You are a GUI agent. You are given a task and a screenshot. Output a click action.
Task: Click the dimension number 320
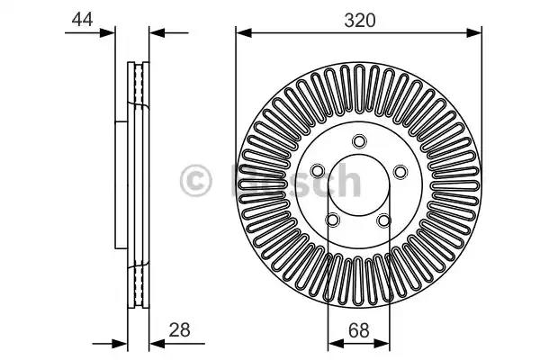click(x=358, y=17)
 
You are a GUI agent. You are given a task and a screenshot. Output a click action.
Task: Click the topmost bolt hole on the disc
click(x=359, y=140)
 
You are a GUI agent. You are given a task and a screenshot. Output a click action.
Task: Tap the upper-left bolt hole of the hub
click(x=319, y=170)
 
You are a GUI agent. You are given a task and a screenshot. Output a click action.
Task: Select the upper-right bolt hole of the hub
click(x=399, y=170)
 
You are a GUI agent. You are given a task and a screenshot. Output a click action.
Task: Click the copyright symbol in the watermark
click(x=197, y=181)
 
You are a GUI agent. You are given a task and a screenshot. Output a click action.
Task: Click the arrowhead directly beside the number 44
click(x=111, y=33)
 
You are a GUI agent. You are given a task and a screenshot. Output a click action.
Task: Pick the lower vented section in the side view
click(x=139, y=283)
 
